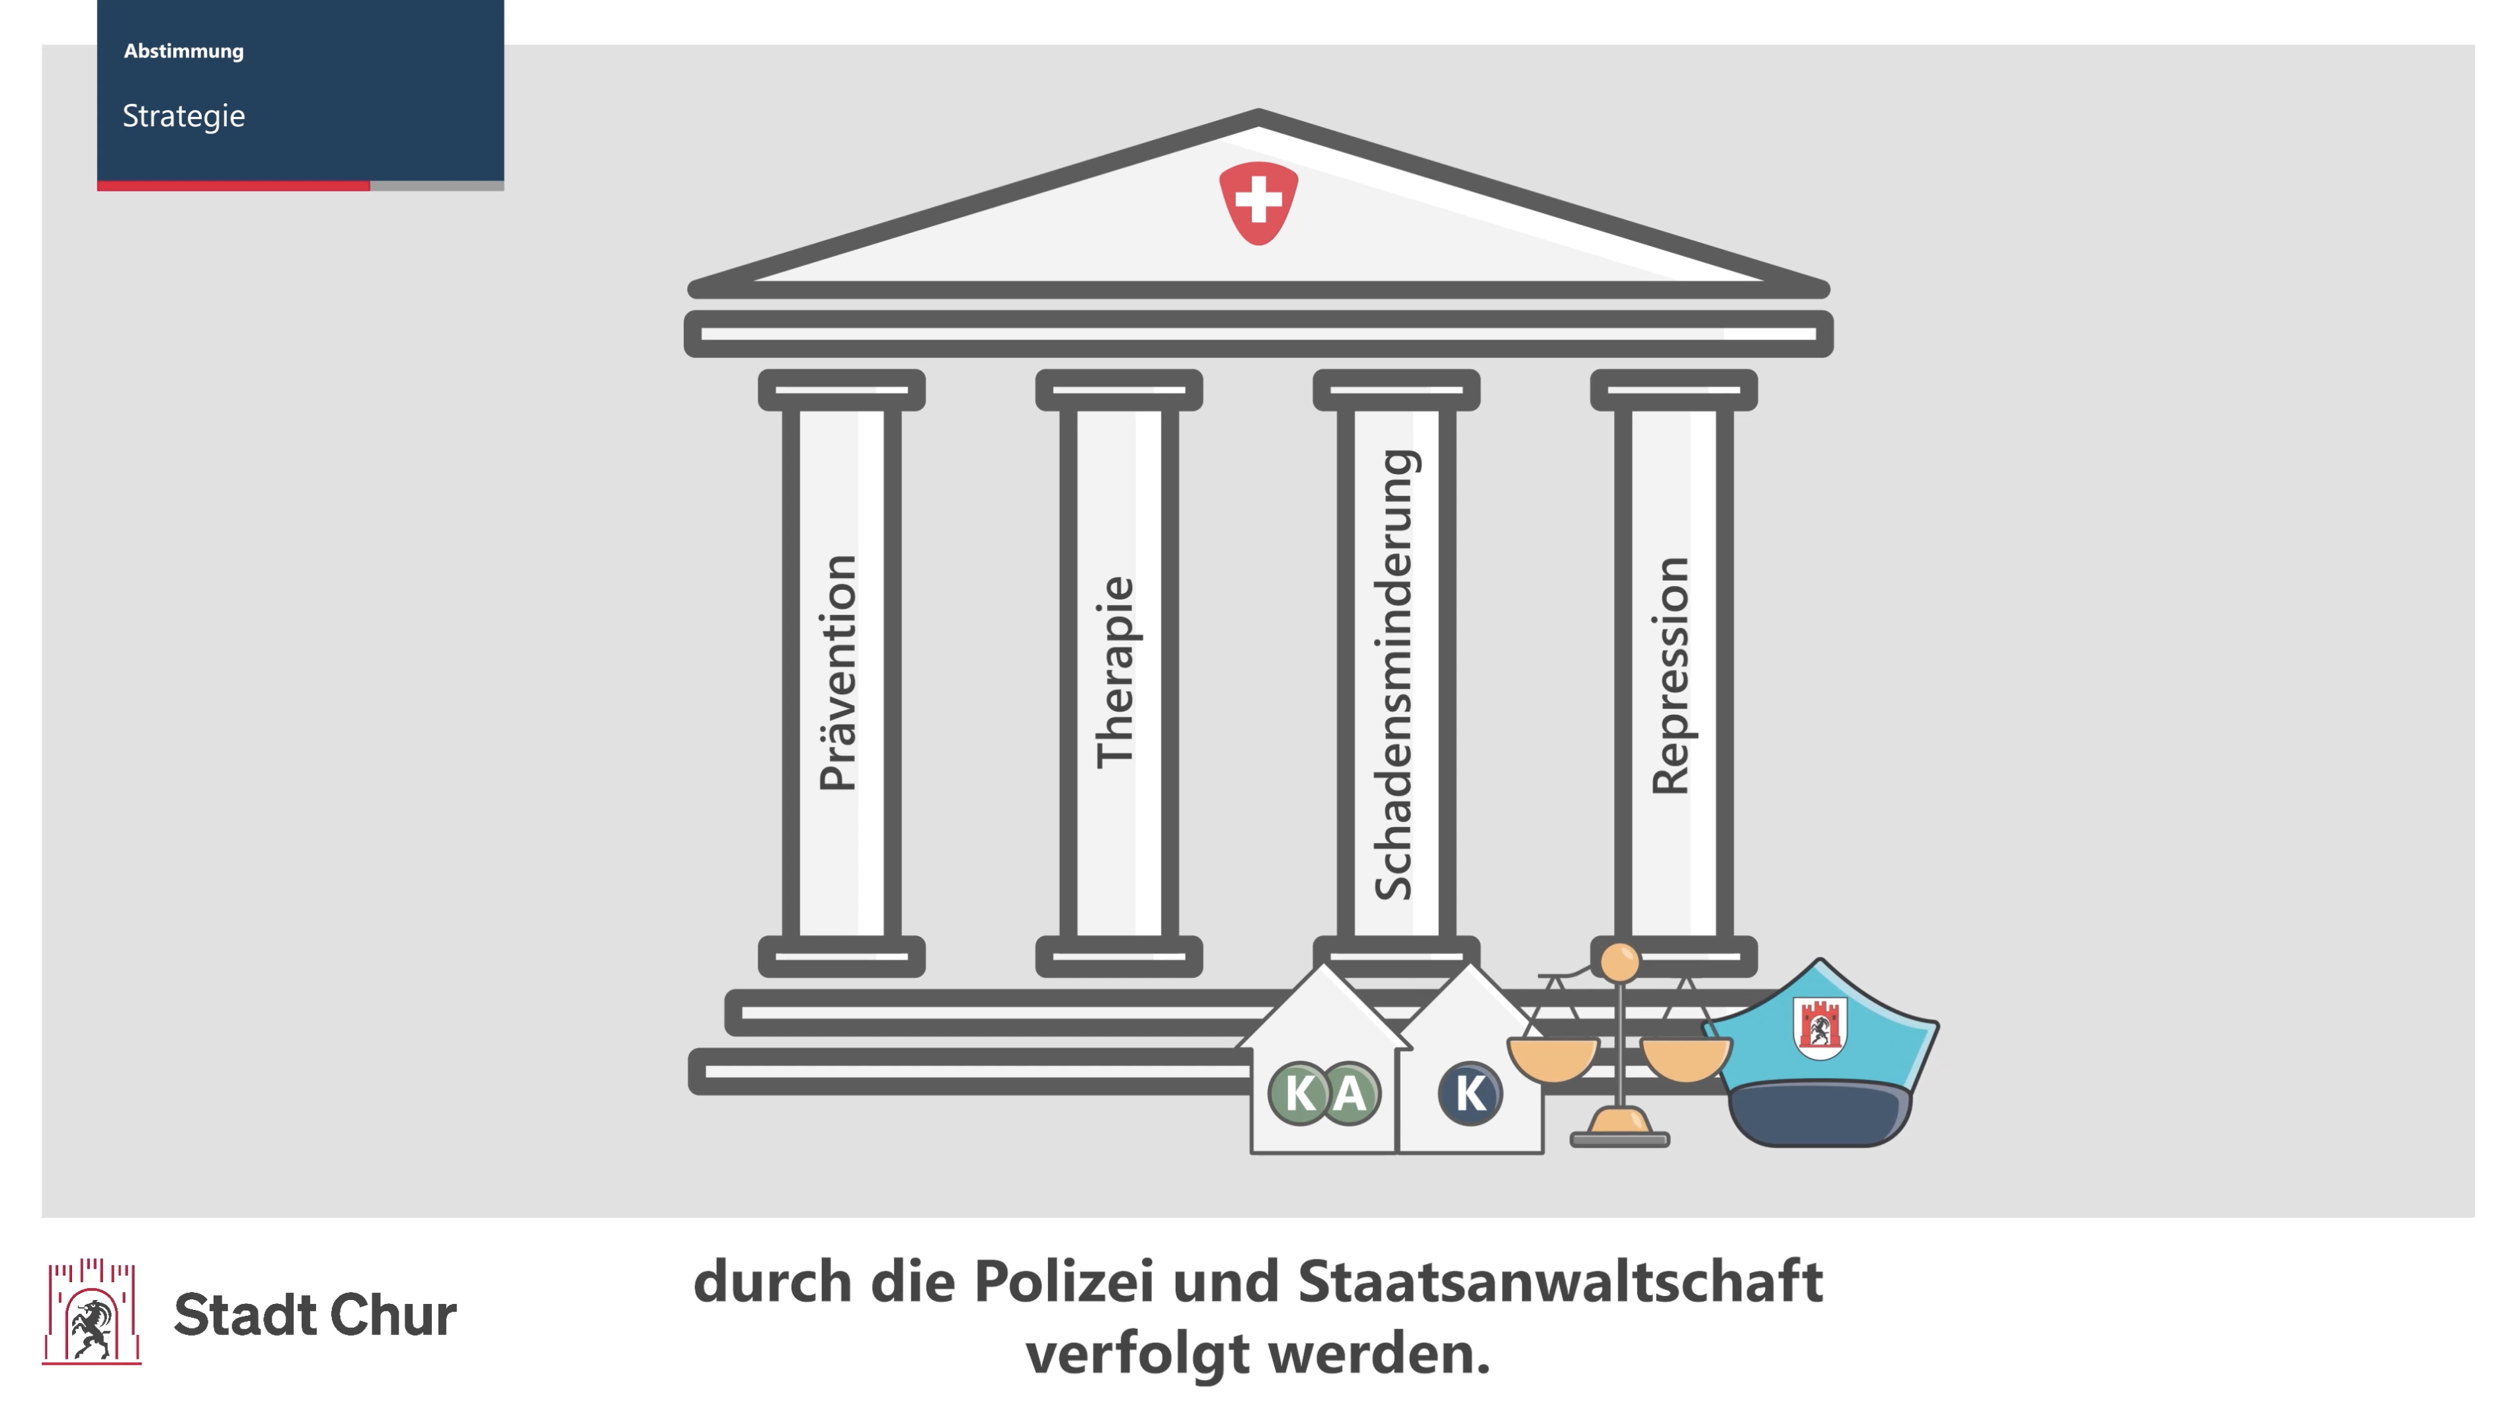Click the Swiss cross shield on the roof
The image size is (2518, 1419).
(x=1258, y=202)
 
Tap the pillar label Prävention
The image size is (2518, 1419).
(x=838, y=672)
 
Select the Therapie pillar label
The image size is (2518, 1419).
(x=1116, y=672)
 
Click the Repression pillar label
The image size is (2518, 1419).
(x=1670, y=675)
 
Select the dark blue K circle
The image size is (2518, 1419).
(x=1469, y=1092)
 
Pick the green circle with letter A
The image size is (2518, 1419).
(x=1350, y=1092)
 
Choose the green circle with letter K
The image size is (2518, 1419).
(x=1300, y=1092)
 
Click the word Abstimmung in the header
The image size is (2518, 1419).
(x=184, y=51)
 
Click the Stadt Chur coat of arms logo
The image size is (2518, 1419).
(x=92, y=1311)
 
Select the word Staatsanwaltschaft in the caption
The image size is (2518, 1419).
(x=1560, y=1281)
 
